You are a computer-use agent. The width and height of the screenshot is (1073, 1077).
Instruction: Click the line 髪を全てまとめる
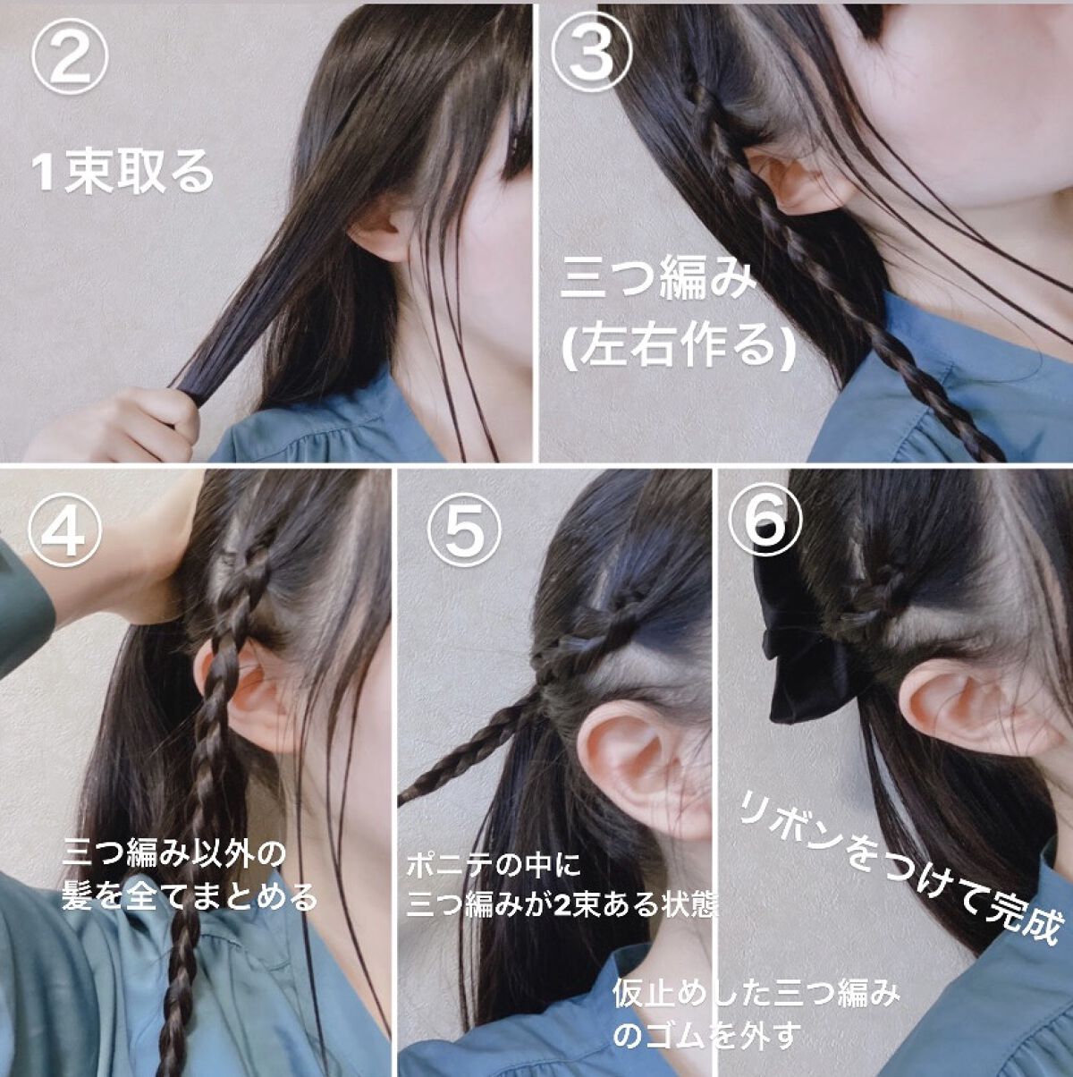pos(189,894)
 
